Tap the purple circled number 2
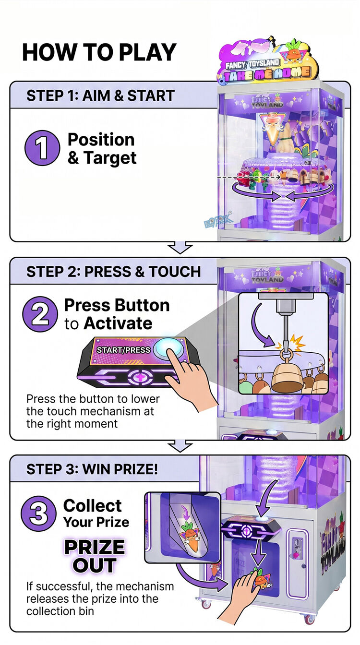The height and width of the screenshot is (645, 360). (39, 315)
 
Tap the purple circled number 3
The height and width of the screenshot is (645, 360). (38, 514)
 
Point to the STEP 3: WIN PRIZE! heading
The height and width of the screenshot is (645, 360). (92, 469)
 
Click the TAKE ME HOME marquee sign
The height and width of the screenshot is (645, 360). (267, 73)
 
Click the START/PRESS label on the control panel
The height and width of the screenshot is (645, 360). (124, 350)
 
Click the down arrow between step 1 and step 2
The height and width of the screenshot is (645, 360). (180, 248)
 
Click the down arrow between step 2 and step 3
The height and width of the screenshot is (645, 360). (180, 446)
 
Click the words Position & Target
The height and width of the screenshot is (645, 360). (101, 148)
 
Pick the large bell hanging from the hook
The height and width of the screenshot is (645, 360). (285, 377)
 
